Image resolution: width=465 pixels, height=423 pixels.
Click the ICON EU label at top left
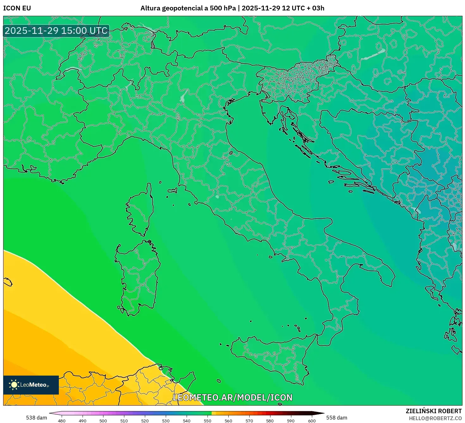pyautogui.click(x=17, y=8)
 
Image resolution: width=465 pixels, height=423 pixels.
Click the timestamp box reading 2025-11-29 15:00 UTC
pyautogui.click(x=56, y=31)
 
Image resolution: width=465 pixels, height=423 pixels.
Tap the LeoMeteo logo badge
pyautogui.click(x=31, y=385)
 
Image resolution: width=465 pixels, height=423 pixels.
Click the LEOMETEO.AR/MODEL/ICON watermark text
pyautogui.click(x=232, y=397)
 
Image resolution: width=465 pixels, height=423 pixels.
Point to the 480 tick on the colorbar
pyautogui.click(x=62, y=420)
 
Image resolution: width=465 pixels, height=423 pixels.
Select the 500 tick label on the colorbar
pyautogui.click(x=103, y=420)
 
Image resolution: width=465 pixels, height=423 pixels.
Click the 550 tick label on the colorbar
pyautogui.click(x=208, y=420)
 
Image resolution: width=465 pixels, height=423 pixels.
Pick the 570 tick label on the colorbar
pyautogui.click(x=249, y=420)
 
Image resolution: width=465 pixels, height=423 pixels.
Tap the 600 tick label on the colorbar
pyautogui.click(x=312, y=420)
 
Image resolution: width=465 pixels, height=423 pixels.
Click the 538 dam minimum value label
pyautogui.click(x=36, y=418)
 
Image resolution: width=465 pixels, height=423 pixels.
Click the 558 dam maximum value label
pyautogui.click(x=337, y=418)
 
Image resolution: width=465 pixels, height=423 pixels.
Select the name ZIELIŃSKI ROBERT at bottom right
pyautogui.click(x=434, y=411)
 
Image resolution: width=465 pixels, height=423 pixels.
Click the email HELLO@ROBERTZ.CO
pyautogui.click(x=435, y=418)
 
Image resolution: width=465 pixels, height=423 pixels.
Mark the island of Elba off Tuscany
pyautogui.click(x=173, y=191)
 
